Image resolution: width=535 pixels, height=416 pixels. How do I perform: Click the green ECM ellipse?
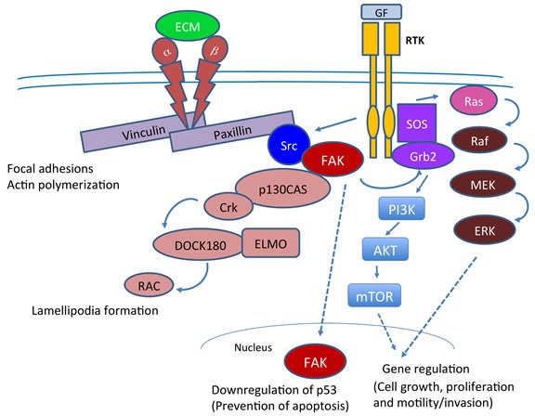[x=188, y=26]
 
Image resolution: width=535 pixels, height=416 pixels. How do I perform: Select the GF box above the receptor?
[x=381, y=12]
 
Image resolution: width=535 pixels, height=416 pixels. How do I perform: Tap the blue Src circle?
[x=289, y=145]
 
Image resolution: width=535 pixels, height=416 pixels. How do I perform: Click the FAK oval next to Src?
[x=333, y=160]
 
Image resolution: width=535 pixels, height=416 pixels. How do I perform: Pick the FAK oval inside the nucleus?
[x=315, y=361]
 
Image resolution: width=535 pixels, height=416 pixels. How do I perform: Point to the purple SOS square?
[x=417, y=123]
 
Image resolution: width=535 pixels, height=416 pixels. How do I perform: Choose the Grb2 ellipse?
[x=423, y=156]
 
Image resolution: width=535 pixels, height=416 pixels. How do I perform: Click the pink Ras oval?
[x=474, y=101]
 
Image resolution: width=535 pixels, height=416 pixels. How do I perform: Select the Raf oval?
[x=479, y=140]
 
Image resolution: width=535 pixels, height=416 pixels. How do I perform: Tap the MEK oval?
[x=482, y=185]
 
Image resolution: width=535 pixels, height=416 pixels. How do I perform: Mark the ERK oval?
[x=484, y=230]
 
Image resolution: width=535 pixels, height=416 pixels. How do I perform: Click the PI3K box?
[x=402, y=209]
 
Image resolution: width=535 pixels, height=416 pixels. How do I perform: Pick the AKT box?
[x=385, y=249]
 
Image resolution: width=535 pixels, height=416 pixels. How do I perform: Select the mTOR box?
[x=374, y=295]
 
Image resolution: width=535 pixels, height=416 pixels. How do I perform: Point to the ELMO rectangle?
[x=271, y=243]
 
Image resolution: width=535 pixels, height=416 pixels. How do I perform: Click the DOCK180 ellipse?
[x=200, y=244]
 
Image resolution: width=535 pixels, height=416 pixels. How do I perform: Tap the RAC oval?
[x=149, y=285]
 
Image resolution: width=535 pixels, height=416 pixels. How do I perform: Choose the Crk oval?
[x=228, y=207]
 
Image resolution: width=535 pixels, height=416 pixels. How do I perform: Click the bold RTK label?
[x=415, y=41]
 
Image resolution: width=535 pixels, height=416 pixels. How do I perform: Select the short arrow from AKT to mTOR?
[x=377, y=271]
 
